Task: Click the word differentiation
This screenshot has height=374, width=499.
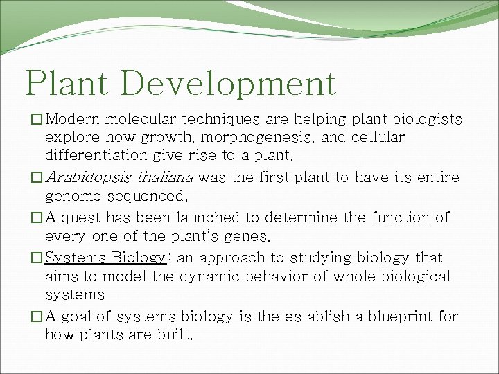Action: coord(98,156)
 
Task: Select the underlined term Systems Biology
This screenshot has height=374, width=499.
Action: coord(105,258)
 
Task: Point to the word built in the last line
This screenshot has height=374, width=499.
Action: coord(172,335)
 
